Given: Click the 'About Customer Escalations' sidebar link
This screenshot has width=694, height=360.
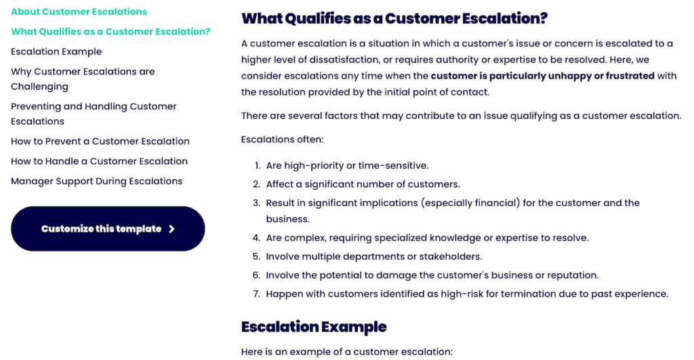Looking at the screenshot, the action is [79, 12].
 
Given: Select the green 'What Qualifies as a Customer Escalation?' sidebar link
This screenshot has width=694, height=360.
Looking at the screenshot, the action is [110, 32].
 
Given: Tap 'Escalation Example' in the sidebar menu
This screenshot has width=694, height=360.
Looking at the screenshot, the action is [56, 52].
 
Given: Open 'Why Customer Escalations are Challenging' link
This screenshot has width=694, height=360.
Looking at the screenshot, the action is [83, 79].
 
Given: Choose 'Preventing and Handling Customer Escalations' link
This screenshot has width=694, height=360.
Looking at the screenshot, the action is [94, 114].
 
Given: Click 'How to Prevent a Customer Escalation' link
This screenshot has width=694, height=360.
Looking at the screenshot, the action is [100, 141].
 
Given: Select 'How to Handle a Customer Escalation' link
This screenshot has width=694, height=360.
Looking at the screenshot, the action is [99, 161].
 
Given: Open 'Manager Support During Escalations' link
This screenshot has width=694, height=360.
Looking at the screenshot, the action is [96, 181].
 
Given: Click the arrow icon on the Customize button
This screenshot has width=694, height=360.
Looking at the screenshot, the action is [171, 229].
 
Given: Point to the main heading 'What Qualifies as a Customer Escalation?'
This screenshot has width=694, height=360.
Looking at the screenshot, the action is [394, 18].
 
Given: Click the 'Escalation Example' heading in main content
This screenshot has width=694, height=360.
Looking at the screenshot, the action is [314, 327].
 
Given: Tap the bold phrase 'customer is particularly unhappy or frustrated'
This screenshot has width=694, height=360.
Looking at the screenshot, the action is [543, 76].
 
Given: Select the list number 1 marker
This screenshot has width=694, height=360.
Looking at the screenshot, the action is [258, 165].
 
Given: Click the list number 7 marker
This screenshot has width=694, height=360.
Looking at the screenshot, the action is [257, 294].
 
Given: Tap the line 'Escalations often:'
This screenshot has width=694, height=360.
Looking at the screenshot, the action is [283, 140].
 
